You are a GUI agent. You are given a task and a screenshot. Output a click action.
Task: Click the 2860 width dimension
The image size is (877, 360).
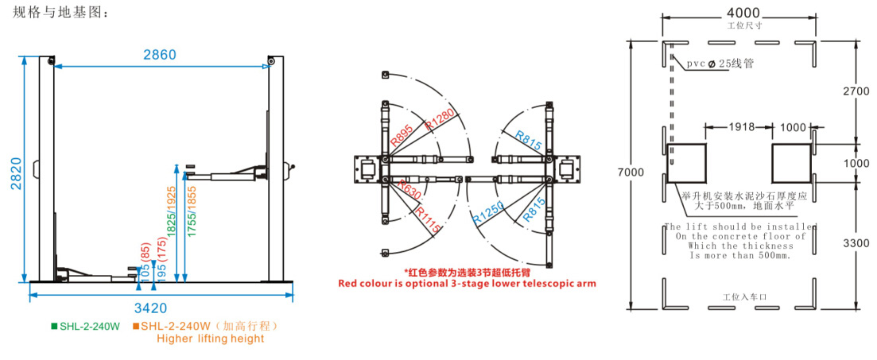[160, 55]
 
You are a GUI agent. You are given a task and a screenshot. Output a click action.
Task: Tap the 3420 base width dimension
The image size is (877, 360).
[160, 308]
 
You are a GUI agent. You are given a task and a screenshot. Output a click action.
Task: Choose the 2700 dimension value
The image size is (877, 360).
[856, 91]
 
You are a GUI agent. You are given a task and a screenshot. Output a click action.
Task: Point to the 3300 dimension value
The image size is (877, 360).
[856, 243]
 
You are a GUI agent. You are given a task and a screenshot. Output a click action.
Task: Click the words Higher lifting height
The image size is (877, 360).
[210, 339]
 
